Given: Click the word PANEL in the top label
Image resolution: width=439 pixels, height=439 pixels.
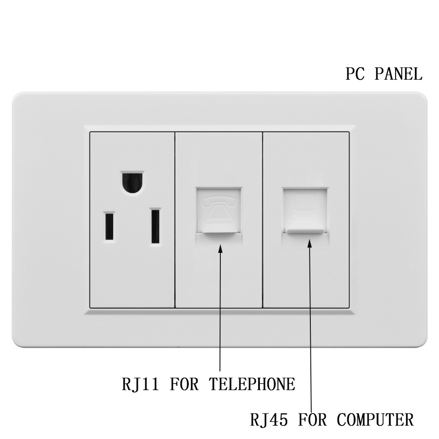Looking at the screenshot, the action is coord(399,74).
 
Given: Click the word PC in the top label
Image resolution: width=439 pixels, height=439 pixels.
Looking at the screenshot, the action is coord(356,74).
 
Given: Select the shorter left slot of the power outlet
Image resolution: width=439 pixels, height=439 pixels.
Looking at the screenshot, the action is coord(109,227).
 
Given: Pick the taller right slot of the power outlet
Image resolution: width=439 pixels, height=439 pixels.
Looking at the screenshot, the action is coord(155,227).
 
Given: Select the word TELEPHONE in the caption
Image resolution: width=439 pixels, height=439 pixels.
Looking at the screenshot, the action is coord(252,384).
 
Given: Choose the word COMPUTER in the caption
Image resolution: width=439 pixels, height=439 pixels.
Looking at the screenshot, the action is coord(375,419).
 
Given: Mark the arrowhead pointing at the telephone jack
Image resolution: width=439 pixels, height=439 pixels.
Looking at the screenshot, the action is coord(220,248).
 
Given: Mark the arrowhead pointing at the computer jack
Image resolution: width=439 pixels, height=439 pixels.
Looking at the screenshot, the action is coord(309,245).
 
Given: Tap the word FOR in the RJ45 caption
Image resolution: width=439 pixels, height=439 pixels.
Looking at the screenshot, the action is coord(313,419).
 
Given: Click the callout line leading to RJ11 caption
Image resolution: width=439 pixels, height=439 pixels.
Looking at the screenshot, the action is coord(219,316).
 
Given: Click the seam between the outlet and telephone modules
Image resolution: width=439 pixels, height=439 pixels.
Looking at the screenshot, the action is coord(175,219).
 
